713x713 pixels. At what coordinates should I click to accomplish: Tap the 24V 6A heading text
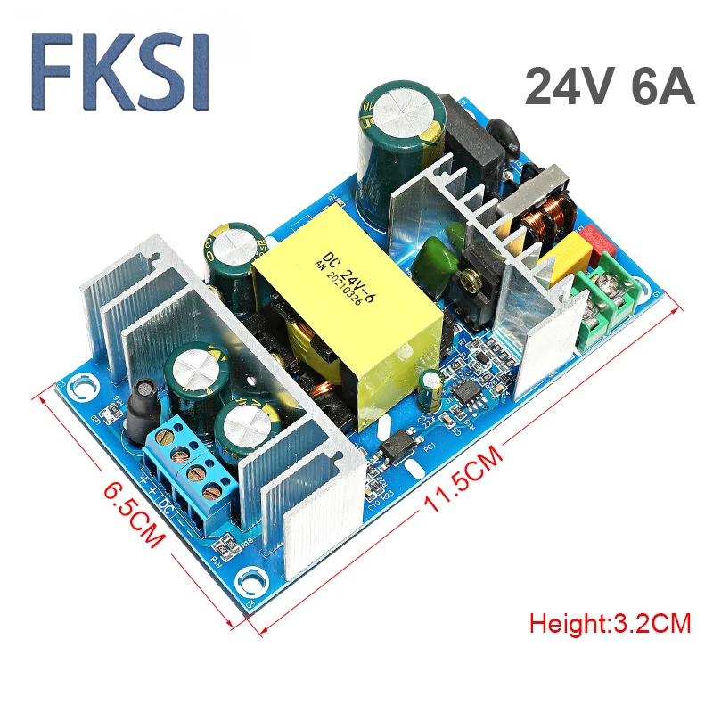(609, 87)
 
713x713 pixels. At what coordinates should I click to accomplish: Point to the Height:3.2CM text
(611, 623)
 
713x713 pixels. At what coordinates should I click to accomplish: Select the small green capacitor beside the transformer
(431, 389)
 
